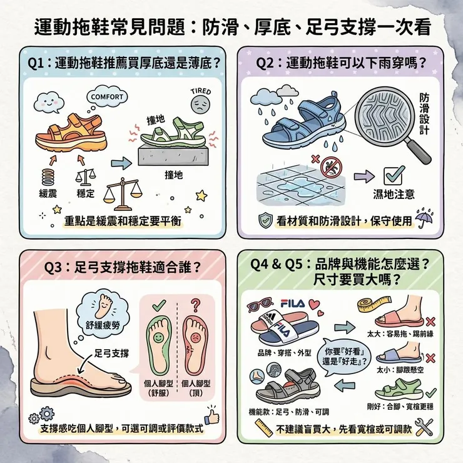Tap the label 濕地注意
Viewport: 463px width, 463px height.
(x=392, y=193)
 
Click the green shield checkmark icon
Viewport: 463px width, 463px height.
(x=265, y=220)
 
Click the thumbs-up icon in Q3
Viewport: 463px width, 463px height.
(x=213, y=415)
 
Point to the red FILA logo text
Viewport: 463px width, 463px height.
(x=293, y=303)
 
